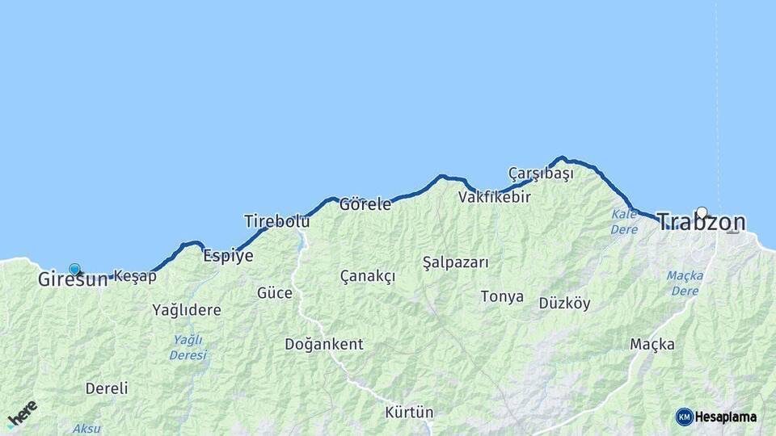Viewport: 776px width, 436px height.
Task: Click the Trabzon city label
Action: (x=701, y=222)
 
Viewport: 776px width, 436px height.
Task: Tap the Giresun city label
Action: (x=72, y=280)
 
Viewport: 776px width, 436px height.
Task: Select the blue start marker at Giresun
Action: (x=74, y=269)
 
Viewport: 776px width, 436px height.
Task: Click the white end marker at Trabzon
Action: (x=702, y=212)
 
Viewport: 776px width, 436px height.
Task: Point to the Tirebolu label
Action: (x=277, y=221)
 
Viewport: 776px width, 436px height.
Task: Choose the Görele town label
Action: (x=365, y=204)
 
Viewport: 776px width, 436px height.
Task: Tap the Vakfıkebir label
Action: (x=495, y=197)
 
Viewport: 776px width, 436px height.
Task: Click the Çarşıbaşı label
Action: (x=541, y=174)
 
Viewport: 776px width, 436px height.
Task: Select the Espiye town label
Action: (x=228, y=256)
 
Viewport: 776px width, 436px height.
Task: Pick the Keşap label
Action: (x=135, y=276)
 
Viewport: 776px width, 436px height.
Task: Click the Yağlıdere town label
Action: (x=187, y=310)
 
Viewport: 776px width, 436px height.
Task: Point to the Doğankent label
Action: (x=323, y=345)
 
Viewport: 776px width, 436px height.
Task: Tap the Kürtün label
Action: (x=409, y=413)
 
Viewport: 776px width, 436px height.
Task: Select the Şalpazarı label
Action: (x=456, y=262)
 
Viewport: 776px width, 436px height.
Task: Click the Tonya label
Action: (x=502, y=297)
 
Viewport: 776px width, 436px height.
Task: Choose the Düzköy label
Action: (x=564, y=304)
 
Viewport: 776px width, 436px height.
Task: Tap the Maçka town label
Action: (x=652, y=345)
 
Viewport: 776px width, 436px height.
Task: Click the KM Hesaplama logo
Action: (x=716, y=417)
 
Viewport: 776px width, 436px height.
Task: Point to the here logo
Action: (x=22, y=413)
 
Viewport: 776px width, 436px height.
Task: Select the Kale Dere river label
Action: (x=624, y=221)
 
